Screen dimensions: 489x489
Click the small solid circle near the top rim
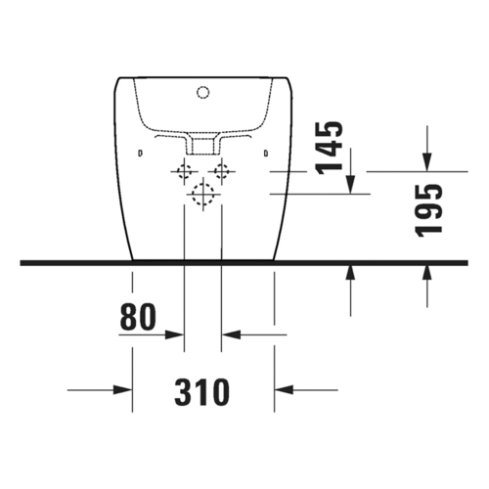coord(203,93)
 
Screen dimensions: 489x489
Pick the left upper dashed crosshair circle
coord(184,173)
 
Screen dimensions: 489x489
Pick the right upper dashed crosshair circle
coord(222,173)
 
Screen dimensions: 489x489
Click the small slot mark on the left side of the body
coord(141,153)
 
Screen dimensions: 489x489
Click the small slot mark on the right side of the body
coord(266,153)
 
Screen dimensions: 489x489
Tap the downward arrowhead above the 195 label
coord(427,159)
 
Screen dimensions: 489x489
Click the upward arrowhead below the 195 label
coord(427,271)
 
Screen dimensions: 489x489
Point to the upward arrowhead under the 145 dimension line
coord(350,271)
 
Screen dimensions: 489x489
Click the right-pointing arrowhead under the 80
coord(176,335)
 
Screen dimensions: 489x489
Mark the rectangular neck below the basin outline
coord(203,145)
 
